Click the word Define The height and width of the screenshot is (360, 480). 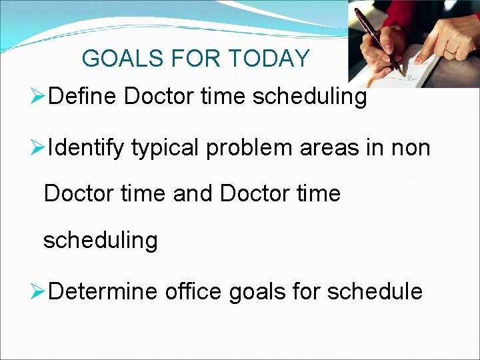click(x=83, y=97)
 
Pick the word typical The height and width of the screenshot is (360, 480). click(x=165, y=148)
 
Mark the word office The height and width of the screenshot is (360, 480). click(x=194, y=291)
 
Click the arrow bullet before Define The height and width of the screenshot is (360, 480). click(x=39, y=97)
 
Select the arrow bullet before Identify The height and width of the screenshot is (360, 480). click(x=39, y=148)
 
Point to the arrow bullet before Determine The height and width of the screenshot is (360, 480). click(x=39, y=291)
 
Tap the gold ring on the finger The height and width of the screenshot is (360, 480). click(x=452, y=51)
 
